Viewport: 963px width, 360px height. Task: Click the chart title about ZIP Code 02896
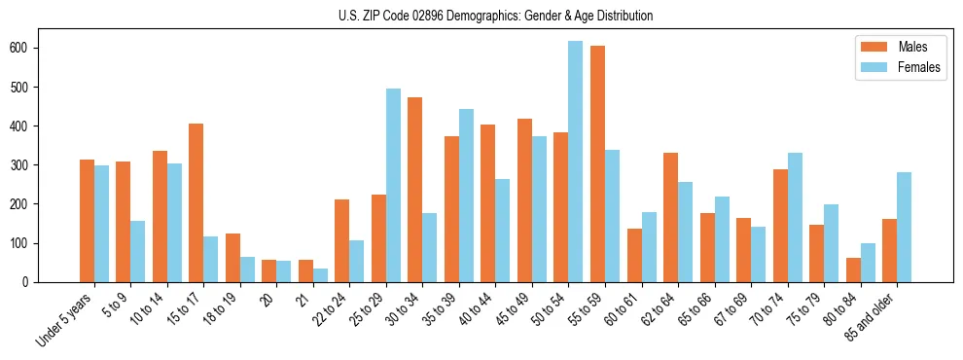coord(481,17)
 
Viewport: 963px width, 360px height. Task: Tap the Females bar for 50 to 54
coord(575,162)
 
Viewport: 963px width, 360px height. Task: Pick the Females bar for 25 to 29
coord(393,185)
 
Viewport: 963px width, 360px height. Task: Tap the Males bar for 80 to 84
coord(853,270)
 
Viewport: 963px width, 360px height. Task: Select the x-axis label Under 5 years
coord(65,319)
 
